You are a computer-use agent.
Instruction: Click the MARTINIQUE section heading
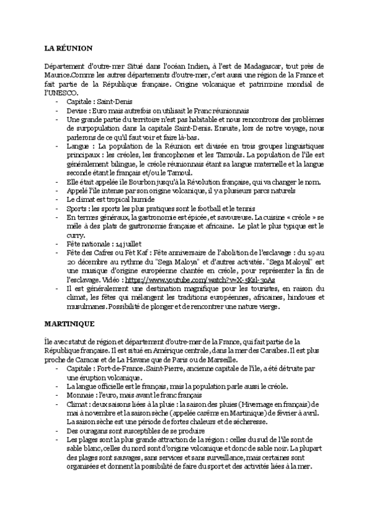(70, 323)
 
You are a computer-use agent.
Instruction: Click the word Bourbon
(126, 182)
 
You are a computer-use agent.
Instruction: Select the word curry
(75, 235)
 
